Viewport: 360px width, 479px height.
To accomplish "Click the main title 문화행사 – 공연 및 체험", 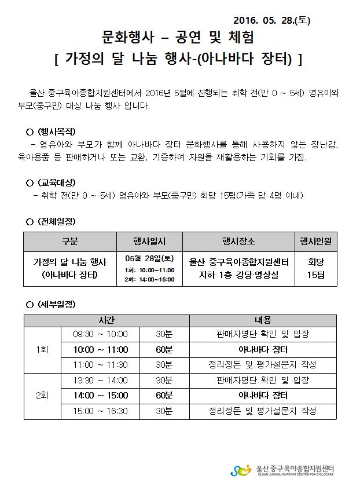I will pos(178,38).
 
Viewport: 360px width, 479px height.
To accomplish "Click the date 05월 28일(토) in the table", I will pos(149,258).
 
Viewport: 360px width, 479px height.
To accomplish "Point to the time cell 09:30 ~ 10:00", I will pos(100,334).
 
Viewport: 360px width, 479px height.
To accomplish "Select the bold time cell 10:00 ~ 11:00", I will pos(100,349).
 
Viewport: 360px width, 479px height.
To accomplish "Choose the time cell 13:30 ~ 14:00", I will pos(100,381).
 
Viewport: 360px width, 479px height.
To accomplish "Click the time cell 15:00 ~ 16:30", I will pos(100,411).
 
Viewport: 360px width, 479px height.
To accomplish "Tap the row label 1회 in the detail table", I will pos(42,349).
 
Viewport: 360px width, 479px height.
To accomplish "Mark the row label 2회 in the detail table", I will pos(42,396).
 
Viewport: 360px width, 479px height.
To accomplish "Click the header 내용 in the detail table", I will pos(263,320).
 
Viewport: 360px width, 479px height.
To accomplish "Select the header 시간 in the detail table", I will pos(106,320).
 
